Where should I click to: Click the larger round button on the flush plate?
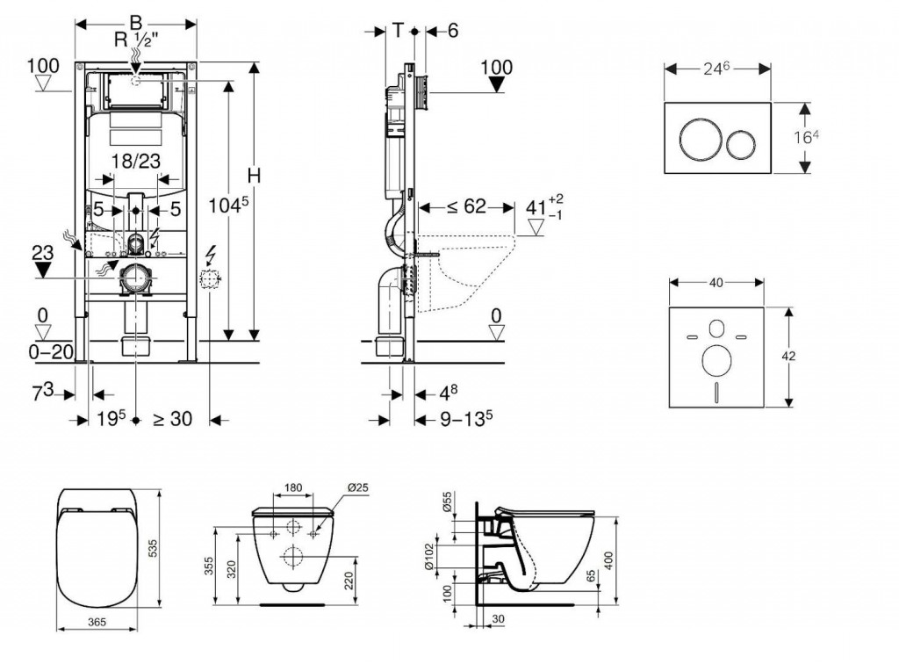[x=697, y=141]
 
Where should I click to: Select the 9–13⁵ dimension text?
[x=465, y=420]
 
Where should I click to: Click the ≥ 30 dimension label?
[x=171, y=420]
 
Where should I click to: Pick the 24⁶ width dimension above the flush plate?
[x=716, y=67]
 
